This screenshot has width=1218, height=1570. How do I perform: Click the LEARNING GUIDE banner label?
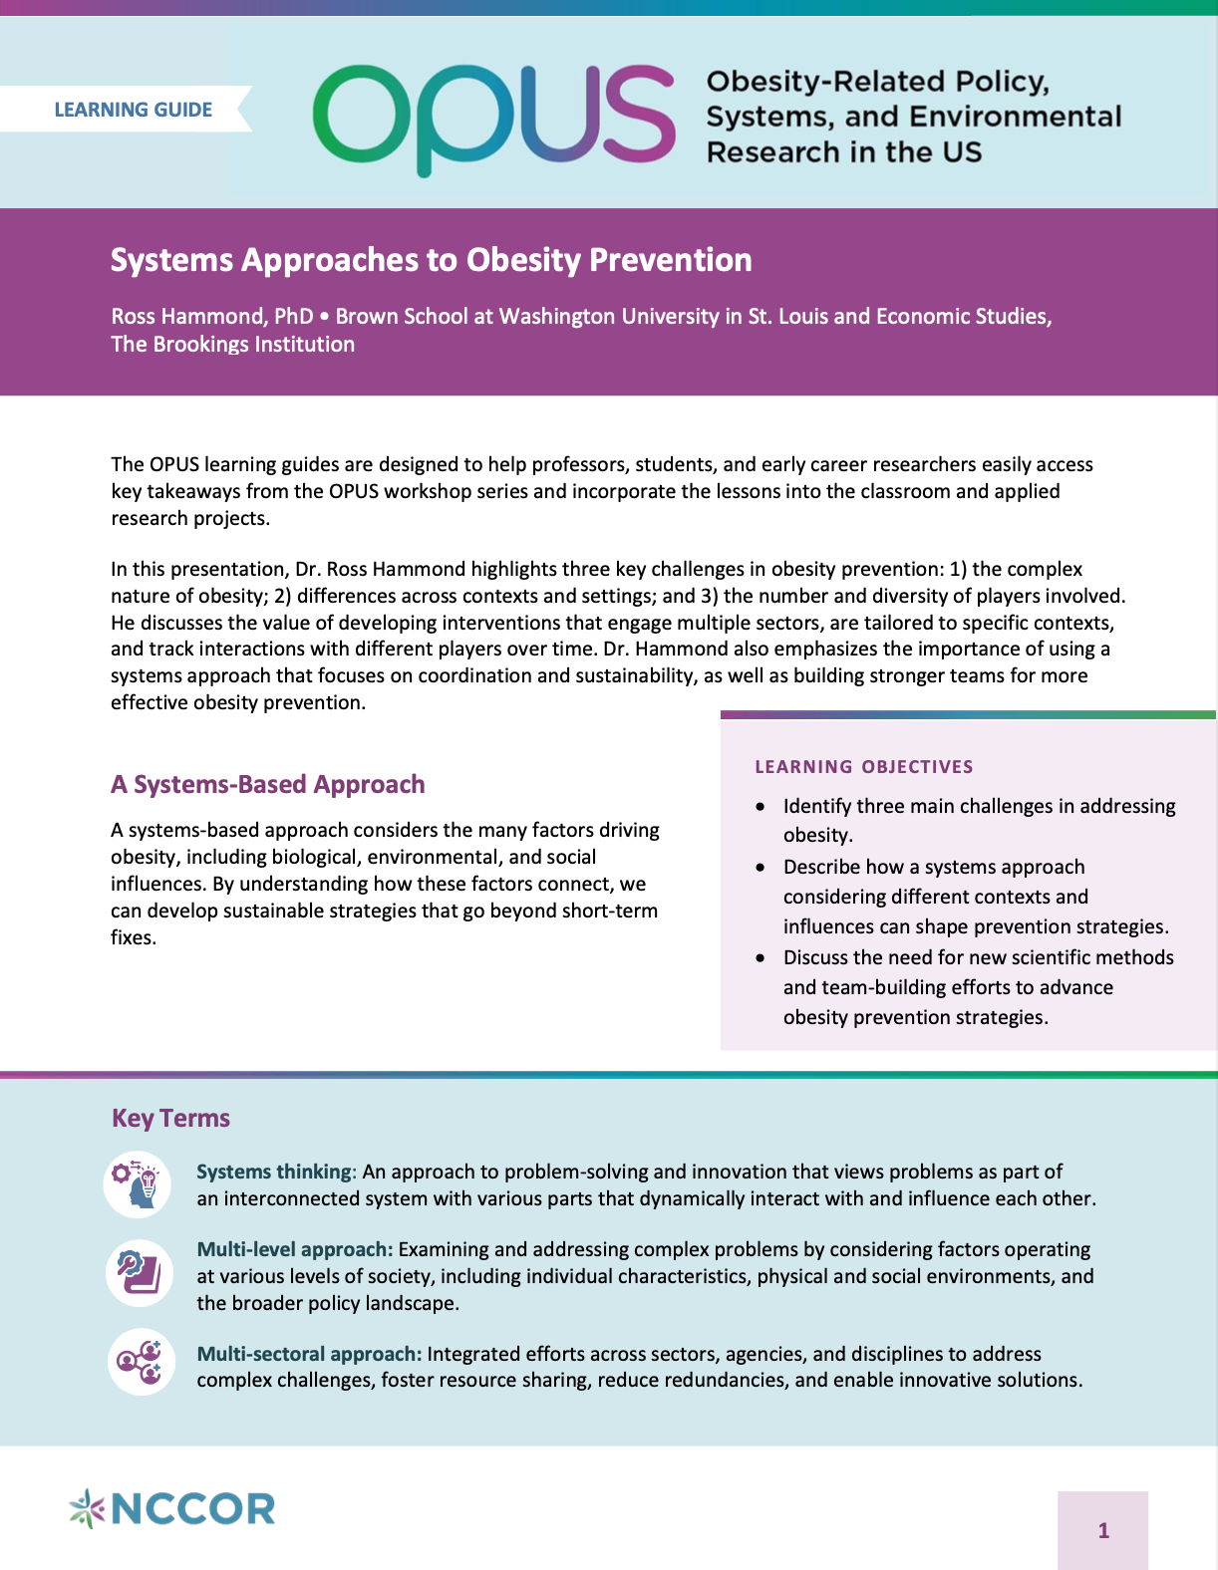click(x=133, y=110)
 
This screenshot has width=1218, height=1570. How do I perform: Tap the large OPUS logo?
click(x=493, y=118)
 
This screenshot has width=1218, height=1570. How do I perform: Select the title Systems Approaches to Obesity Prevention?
click(x=431, y=260)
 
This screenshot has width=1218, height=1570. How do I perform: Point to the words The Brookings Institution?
click(x=232, y=345)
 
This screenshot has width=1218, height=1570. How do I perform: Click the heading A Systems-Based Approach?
click(x=267, y=785)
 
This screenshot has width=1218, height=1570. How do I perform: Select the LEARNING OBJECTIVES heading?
click(x=863, y=767)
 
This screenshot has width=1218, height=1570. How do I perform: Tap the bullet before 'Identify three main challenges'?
click(x=761, y=807)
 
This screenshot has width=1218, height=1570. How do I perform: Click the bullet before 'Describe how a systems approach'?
click(x=761, y=868)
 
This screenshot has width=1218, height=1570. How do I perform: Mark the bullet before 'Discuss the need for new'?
click(x=761, y=958)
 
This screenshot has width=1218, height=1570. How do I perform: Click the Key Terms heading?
click(x=170, y=1118)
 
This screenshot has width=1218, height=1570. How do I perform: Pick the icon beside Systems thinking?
click(x=138, y=1184)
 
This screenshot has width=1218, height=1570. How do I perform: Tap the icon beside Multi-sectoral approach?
click(x=141, y=1362)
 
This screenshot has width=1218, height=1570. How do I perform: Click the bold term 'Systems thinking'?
click(x=274, y=1173)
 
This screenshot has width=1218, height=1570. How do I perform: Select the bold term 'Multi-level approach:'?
click(x=294, y=1250)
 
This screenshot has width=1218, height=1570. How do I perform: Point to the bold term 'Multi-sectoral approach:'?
click(x=309, y=1355)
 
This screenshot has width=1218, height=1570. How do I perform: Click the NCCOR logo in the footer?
click(x=172, y=1508)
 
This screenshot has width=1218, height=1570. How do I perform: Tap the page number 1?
click(x=1102, y=1530)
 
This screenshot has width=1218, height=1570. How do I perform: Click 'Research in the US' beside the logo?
click(x=843, y=152)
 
